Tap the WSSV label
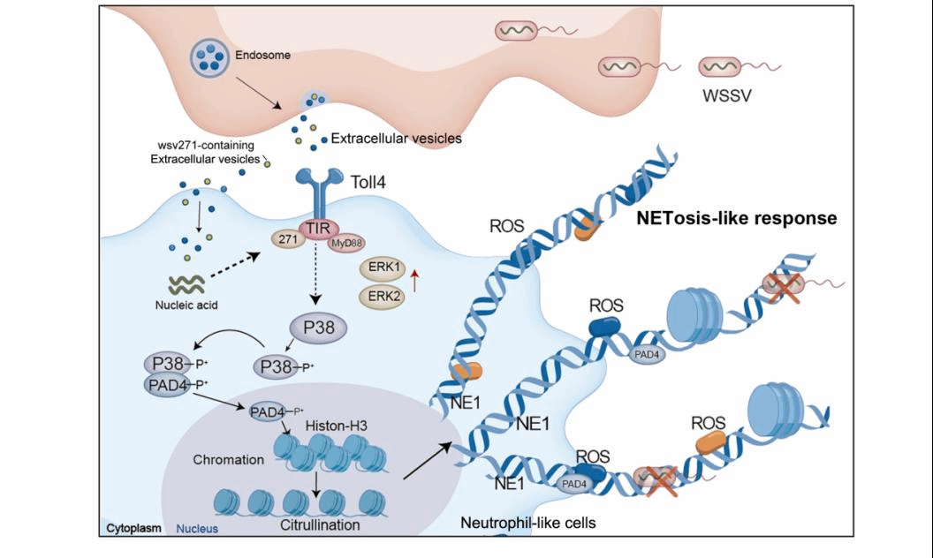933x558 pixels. click(727, 95)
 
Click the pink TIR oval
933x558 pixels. click(317, 229)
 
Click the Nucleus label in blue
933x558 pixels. click(197, 529)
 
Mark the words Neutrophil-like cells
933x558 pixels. click(528, 523)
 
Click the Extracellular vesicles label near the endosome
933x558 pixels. click(396, 138)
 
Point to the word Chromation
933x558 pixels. click(228, 460)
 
